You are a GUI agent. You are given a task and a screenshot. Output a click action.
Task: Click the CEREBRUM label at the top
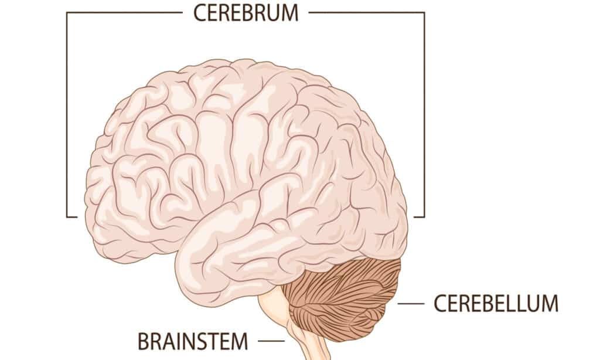[x=246, y=13]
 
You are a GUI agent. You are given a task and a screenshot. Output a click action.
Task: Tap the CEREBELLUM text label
[x=496, y=304]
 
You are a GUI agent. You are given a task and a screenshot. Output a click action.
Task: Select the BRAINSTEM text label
[x=193, y=341]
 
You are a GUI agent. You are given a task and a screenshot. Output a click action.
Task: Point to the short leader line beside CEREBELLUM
[x=411, y=304]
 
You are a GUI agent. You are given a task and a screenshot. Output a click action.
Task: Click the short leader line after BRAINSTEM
[x=271, y=341]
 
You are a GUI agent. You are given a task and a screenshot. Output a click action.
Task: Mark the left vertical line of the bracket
[x=67, y=115]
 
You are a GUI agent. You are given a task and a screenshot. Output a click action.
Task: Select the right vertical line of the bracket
[x=424, y=115]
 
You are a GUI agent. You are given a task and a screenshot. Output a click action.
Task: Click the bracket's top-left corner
[x=67, y=13]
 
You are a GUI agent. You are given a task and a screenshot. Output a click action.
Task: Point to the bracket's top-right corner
[x=424, y=13]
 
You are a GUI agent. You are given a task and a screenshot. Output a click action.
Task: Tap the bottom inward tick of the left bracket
[x=72, y=217]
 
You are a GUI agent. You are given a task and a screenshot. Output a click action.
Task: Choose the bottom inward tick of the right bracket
[x=420, y=217]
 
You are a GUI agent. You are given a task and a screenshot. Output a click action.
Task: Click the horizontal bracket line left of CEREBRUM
[x=124, y=13]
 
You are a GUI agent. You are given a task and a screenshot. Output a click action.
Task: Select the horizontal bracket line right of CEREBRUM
[x=367, y=13]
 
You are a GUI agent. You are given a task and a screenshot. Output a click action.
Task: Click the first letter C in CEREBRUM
[x=200, y=13]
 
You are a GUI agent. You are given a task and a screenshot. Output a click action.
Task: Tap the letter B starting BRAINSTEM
[x=144, y=341]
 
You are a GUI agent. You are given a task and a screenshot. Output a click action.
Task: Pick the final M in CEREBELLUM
[x=550, y=304]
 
